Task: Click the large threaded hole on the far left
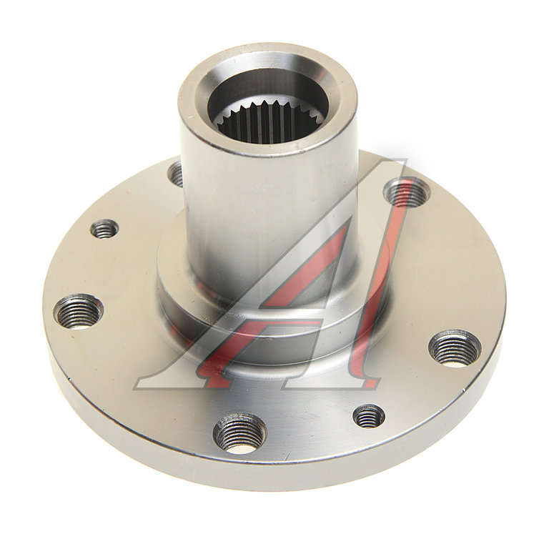point(79,312)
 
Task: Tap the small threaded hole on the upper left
point(104,229)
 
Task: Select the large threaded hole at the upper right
point(407,192)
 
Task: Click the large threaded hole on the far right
point(455,348)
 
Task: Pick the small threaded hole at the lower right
point(369,416)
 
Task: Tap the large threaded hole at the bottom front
point(240,432)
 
